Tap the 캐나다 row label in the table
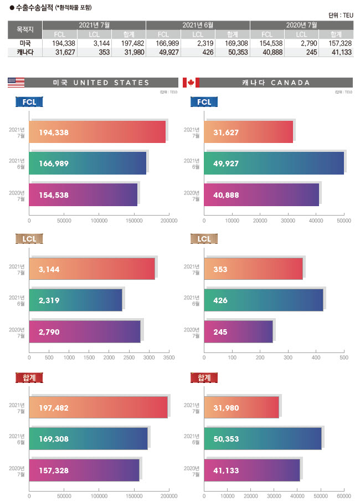(x=25, y=52)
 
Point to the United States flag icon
(x=16, y=83)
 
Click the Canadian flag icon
(x=191, y=83)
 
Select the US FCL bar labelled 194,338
(x=97, y=132)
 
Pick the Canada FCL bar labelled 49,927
(x=274, y=163)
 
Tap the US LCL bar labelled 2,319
(x=75, y=300)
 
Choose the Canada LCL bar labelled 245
(x=238, y=331)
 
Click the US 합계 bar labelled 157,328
(x=84, y=469)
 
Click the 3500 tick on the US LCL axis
(x=168, y=357)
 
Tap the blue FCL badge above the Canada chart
(x=204, y=103)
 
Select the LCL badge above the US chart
(x=29, y=239)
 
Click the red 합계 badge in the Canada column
(x=204, y=377)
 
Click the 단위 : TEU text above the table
(x=340, y=16)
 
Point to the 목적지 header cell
(x=25, y=30)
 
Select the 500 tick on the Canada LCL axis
(x=344, y=357)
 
